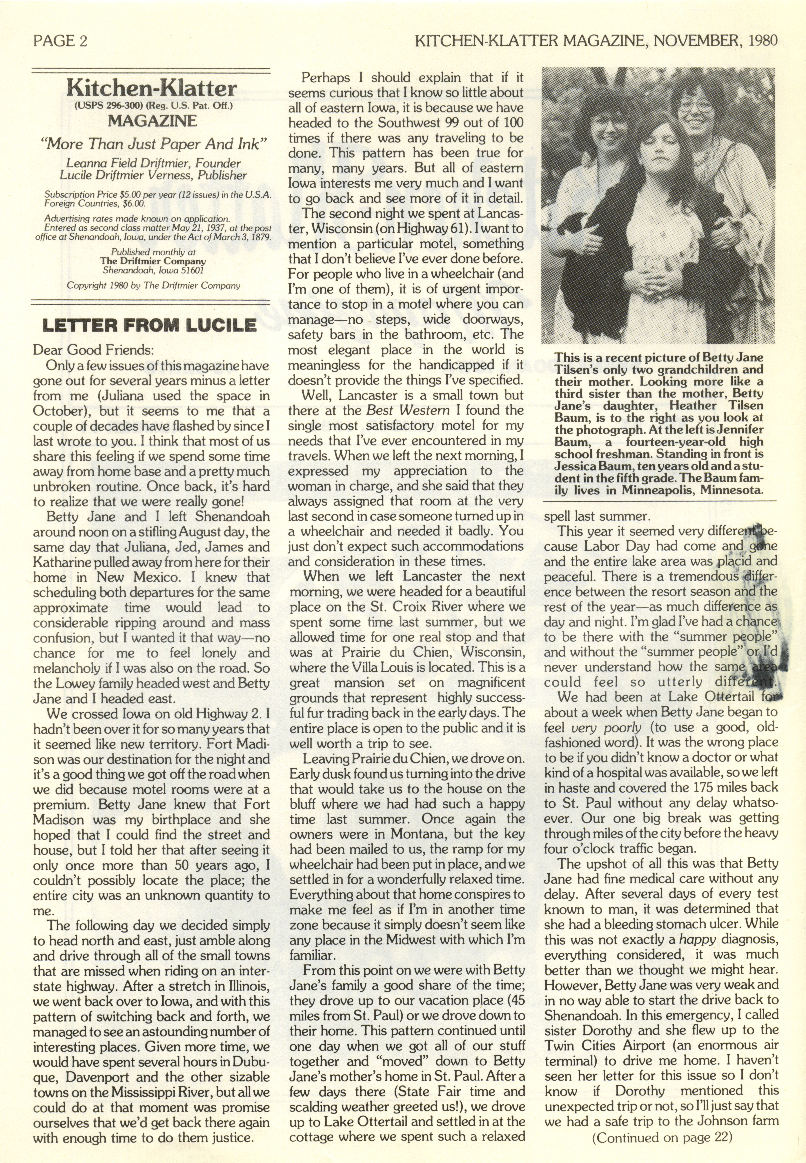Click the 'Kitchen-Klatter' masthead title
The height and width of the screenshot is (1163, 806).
[152, 89]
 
